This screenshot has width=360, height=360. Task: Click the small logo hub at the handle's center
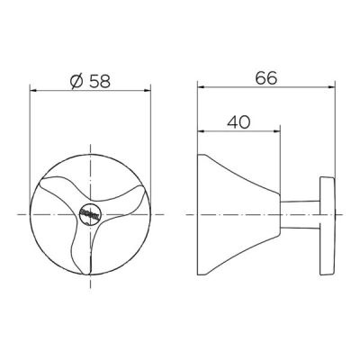pyautogui.click(x=90, y=213)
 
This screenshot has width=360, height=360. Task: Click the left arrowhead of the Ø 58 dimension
pyautogui.click(x=34, y=91)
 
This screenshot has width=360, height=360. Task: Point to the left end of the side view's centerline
pyautogui.click(x=185, y=214)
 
